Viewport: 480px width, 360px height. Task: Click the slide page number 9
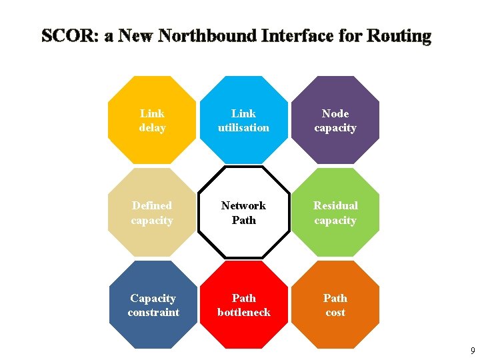click(473, 351)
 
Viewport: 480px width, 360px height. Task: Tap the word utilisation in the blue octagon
click(244, 128)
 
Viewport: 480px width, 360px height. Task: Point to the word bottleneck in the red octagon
click(244, 312)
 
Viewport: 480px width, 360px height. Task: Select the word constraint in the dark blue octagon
click(153, 312)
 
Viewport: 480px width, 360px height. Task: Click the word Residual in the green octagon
click(335, 205)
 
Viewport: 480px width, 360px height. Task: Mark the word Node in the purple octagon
click(335, 113)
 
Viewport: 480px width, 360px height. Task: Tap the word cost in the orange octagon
click(335, 312)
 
